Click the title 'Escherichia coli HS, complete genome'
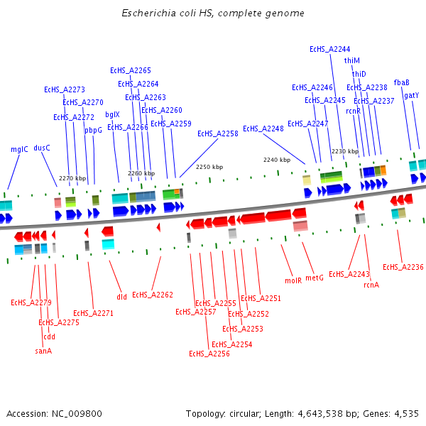[x=212, y=13]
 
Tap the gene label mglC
[x=19, y=150]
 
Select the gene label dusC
[x=42, y=148]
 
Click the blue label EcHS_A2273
[x=65, y=89]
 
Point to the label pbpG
[x=94, y=130]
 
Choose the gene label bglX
[x=112, y=114]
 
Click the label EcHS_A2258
[x=218, y=133]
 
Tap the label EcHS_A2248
[x=263, y=129]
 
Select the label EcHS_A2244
[x=330, y=49]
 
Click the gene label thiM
[x=352, y=61]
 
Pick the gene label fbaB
[x=402, y=82]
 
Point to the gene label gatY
[x=412, y=95]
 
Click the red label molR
[x=293, y=280]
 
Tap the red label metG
[x=315, y=278]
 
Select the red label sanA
[x=43, y=350]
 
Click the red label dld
[x=122, y=297]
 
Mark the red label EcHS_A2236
[x=403, y=267]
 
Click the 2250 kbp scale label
[x=209, y=167]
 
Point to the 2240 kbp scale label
[x=277, y=160]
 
